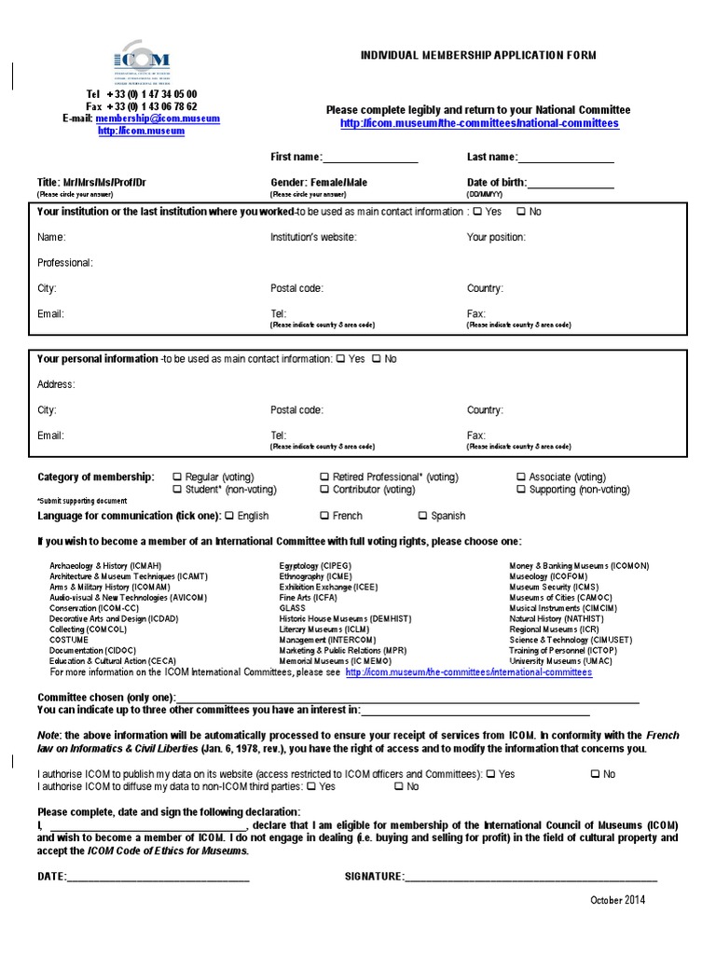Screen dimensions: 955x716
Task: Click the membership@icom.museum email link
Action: point(157,119)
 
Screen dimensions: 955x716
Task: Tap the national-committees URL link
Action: point(479,123)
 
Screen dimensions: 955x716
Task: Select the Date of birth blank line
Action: point(571,183)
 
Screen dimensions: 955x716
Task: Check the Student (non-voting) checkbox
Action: point(178,490)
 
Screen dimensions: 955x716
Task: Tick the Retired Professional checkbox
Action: point(324,477)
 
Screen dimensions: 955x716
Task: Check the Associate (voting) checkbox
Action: point(521,477)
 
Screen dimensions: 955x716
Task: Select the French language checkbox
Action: point(324,516)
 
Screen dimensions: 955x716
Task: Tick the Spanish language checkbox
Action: point(423,516)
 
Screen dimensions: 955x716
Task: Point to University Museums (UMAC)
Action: point(555,660)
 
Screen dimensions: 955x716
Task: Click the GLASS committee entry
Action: point(292,607)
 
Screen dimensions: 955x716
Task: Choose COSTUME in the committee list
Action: point(69,640)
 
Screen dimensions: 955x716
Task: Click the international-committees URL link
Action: point(468,671)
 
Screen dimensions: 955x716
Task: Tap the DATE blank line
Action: point(158,878)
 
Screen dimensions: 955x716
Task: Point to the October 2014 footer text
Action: point(617,900)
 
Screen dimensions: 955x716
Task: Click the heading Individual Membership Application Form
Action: point(478,56)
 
